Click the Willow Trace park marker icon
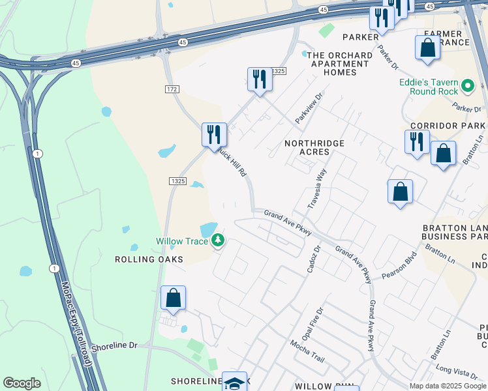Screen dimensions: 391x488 [x=218, y=241]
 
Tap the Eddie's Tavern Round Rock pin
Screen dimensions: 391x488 [x=467, y=85]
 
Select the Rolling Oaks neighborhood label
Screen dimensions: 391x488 [x=149, y=259]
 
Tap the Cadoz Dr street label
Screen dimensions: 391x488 [x=313, y=259]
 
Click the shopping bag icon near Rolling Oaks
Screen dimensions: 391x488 [x=174, y=298]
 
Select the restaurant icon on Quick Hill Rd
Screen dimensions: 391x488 [x=214, y=136]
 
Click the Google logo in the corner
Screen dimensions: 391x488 [x=22, y=383]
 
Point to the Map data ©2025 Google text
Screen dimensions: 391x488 [x=448, y=386]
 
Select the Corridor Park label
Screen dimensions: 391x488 [x=447, y=125]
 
